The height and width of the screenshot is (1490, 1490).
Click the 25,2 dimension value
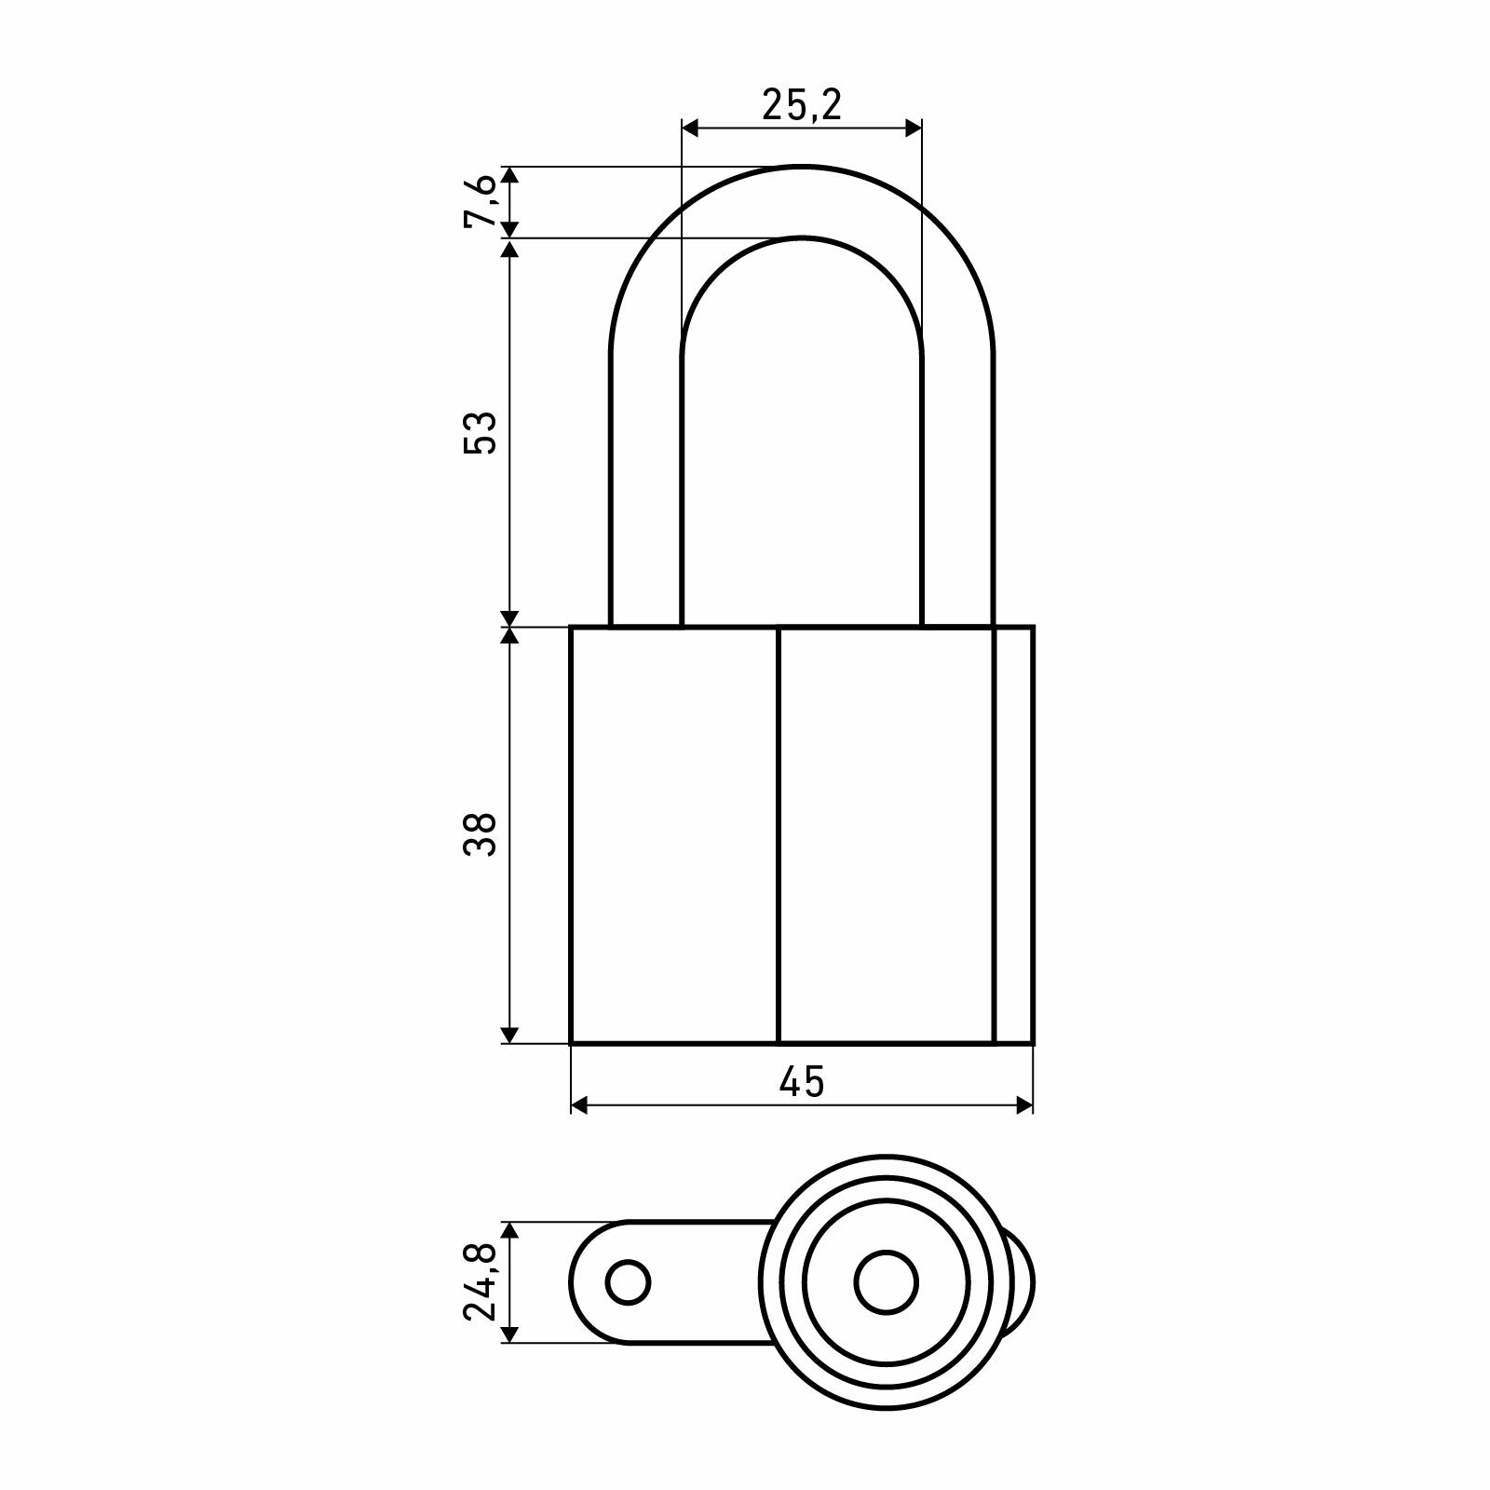[802, 105]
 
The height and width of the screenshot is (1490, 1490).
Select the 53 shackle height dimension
[481, 431]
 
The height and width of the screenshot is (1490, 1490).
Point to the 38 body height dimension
[481, 834]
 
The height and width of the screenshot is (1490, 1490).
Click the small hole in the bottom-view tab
[628, 1283]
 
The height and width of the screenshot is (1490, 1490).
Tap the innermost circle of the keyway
[887, 1283]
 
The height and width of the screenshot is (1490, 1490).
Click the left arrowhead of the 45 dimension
[579, 1105]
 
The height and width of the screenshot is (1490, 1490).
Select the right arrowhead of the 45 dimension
[1024, 1105]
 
